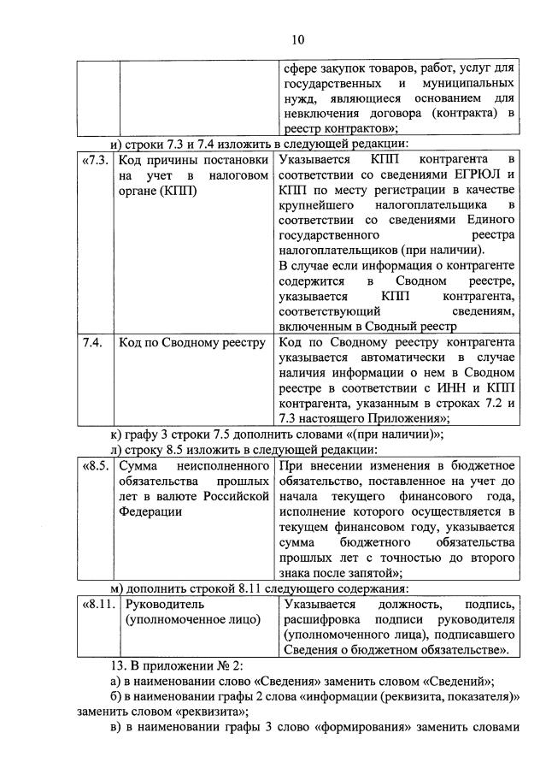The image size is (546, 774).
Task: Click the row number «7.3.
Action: (x=95, y=159)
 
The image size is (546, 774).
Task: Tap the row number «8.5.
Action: (x=95, y=465)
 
